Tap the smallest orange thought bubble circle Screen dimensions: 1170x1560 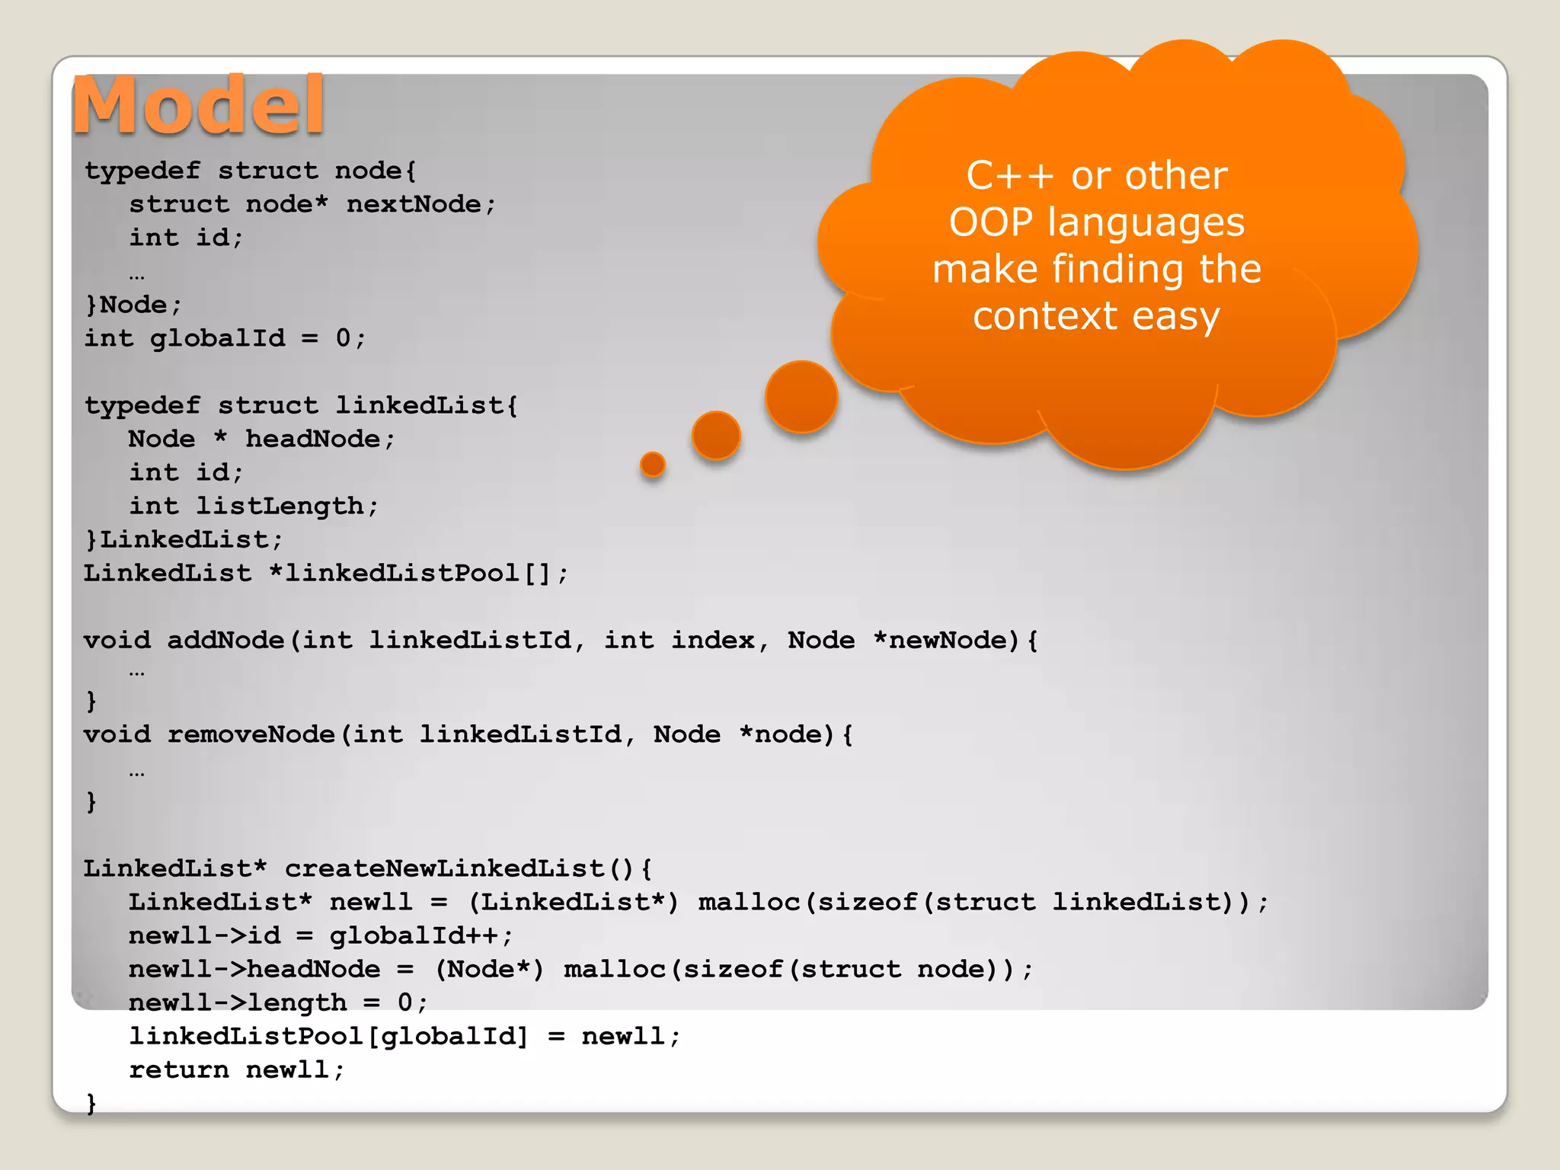(x=653, y=464)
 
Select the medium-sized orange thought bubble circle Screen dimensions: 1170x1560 (x=716, y=436)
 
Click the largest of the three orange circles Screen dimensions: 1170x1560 (x=801, y=397)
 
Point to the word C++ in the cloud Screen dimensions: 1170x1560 (x=1010, y=176)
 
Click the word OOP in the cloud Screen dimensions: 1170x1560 (x=990, y=222)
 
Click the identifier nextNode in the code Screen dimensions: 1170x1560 (x=414, y=204)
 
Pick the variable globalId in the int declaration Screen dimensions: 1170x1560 (x=217, y=338)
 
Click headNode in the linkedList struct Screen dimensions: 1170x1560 (x=312, y=439)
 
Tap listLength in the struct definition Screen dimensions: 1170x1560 (x=280, y=506)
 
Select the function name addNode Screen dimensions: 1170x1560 (x=225, y=640)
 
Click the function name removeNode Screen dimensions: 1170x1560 (x=251, y=734)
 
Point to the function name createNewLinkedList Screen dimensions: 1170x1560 (x=445, y=868)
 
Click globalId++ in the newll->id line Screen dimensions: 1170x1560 (x=414, y=935)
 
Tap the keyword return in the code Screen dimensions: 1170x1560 (x=178, y=1069)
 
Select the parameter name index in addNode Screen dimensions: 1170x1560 (x=712, y=640)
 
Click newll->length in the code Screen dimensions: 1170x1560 (x=238, y=1002)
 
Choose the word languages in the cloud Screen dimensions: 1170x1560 (x=1146, y=222)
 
